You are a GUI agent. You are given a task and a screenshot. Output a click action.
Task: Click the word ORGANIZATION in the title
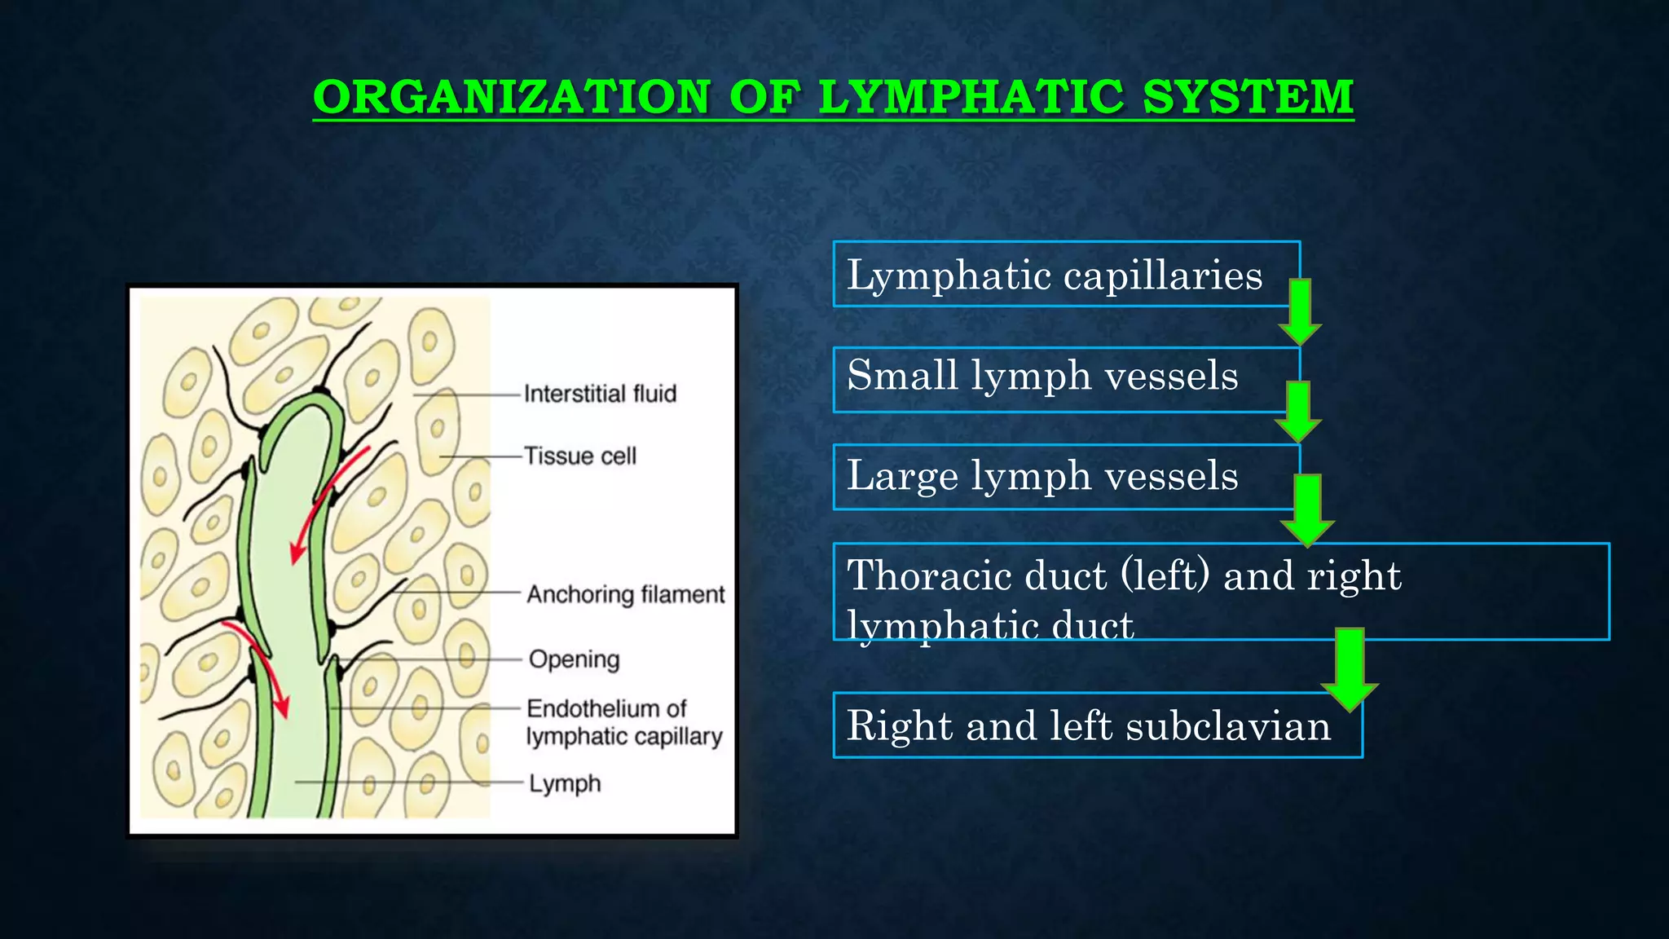(x=512, y=97)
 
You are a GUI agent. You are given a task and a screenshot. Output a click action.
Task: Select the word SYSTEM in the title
(x=1248, y=97)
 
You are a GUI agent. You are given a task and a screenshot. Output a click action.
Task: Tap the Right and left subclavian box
(x=1088, y=725)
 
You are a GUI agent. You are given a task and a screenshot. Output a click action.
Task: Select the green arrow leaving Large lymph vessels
(x=1307, y=509)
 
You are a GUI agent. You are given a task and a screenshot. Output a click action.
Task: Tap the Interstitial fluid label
(x=600, y=395)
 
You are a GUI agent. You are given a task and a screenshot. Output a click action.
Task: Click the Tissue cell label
(x=579, y=456)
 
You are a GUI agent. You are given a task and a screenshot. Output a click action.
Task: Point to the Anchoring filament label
(x=625, y=595)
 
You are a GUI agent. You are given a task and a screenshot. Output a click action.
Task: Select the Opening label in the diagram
(x=574, y=659)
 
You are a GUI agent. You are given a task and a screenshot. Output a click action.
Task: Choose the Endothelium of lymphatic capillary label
(x=623, y=722)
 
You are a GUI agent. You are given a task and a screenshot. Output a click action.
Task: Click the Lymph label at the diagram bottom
(x=565, y=784)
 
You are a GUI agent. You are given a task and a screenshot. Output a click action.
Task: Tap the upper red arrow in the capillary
(x=326, y=501)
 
